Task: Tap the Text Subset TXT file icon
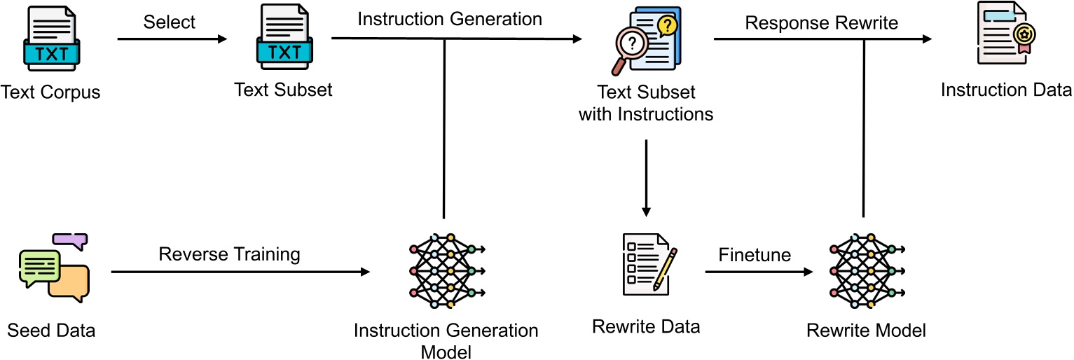pos(284,40)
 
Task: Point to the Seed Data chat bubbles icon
pos(53,269)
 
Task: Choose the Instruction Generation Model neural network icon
pos(446,270)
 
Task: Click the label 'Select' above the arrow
pos(170,22)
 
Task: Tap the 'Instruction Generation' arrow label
pos(450,19)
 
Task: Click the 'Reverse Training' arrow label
pos(229,254)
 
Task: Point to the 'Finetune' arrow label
pos(755,255)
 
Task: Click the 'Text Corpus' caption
pos(51,92)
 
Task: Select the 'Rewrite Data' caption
pos(646,327)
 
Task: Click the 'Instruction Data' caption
pos(1006,90)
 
